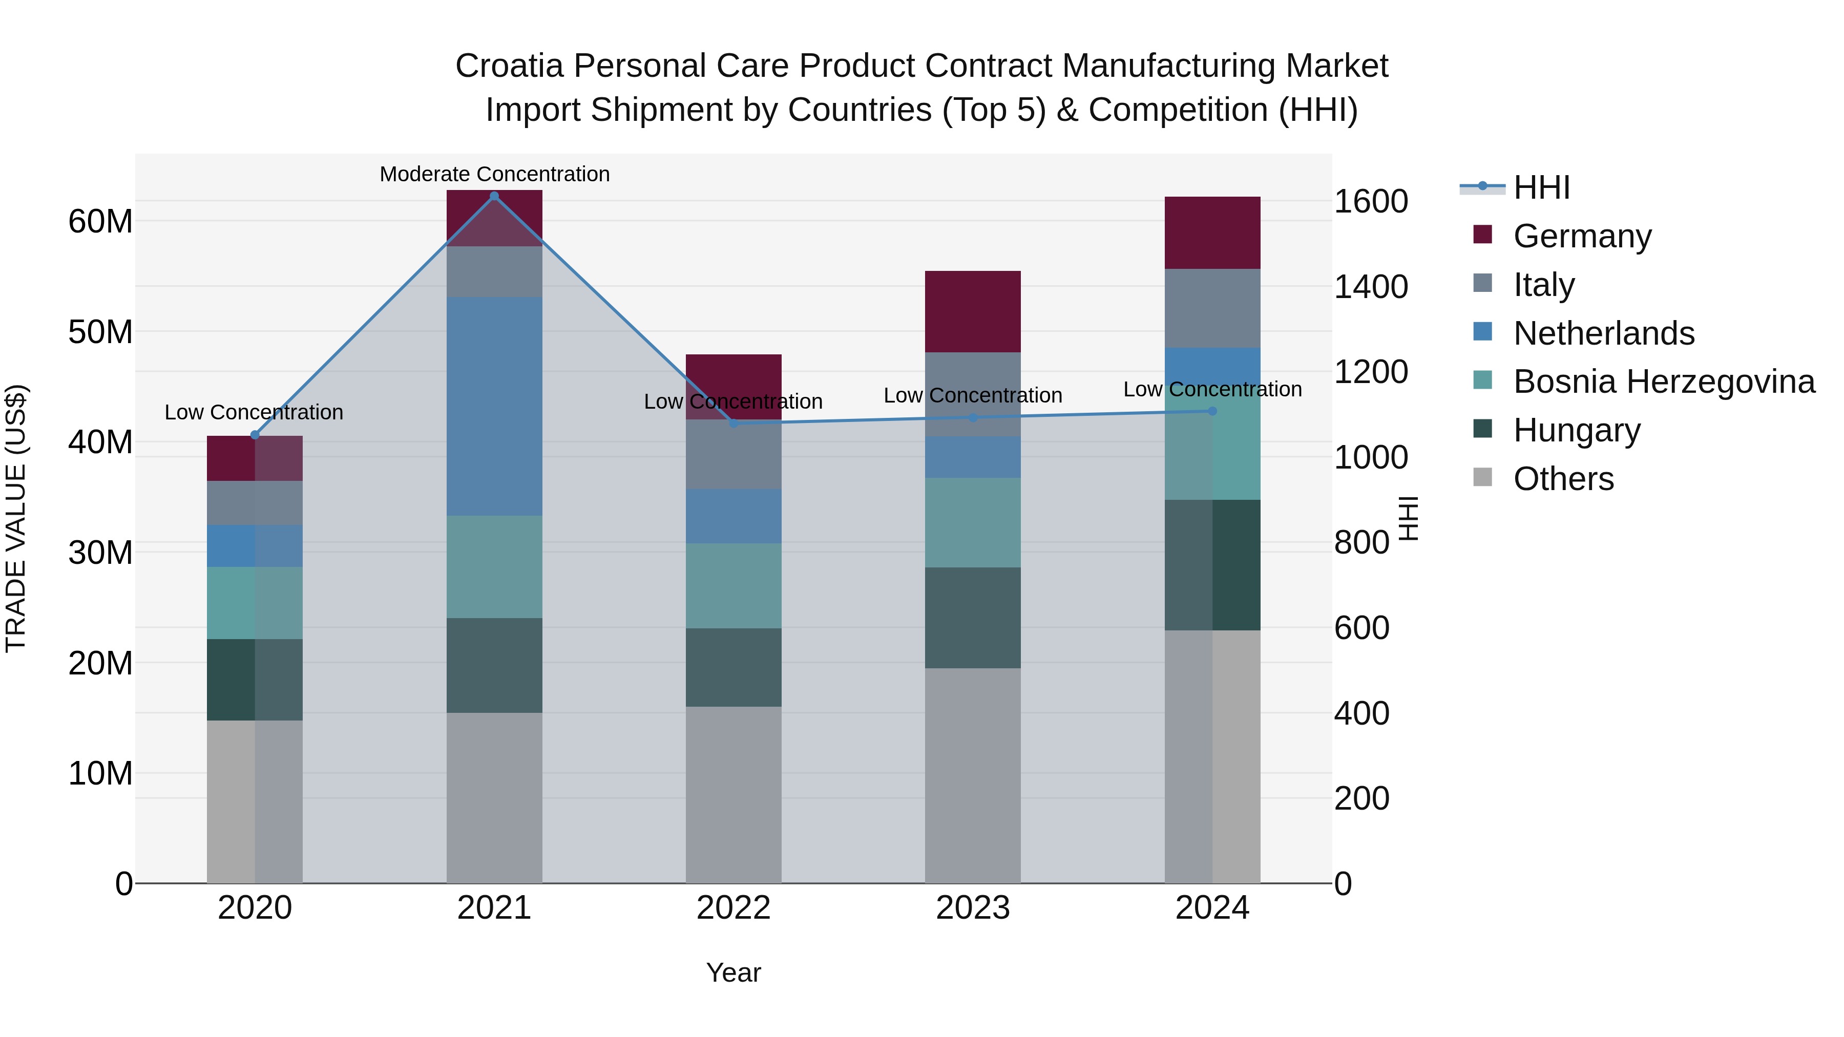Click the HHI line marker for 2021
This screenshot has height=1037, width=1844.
[494, 196]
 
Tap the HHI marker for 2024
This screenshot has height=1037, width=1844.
[1212, 411]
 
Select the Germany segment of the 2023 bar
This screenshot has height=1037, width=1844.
[972, 311]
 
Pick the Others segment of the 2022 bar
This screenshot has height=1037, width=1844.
[733, 794]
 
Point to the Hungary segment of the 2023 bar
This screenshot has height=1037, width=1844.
[972, 618]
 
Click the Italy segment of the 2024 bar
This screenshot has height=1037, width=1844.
[1212, 308]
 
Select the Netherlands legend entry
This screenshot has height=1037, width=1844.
[1603, 333]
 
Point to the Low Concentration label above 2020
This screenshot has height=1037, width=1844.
[254, 412]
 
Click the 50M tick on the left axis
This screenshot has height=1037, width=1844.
[100, 332]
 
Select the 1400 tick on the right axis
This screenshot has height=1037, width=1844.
[1370, 286]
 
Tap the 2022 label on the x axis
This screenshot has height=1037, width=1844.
[733, 908]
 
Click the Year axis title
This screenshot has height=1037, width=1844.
[733, 972]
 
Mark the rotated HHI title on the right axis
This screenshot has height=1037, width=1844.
[1408, 518]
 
